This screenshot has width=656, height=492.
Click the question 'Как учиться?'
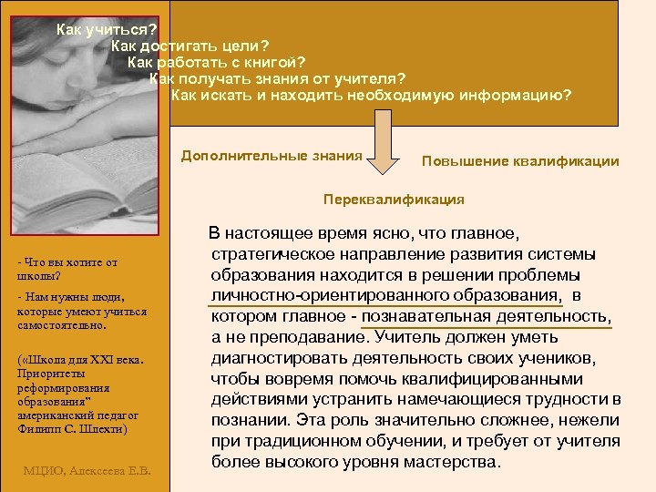[x=107, y=29]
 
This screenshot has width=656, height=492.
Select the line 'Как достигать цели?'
[x=190, y=46]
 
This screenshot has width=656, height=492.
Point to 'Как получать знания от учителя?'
[x=277, y=78]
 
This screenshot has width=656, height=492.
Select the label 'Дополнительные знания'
[x=272, y=156]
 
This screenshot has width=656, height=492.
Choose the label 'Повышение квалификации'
[x=520, y=161]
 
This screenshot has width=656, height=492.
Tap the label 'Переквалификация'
[x=394, y=199]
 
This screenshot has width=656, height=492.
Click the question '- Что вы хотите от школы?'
[x=67, y=270]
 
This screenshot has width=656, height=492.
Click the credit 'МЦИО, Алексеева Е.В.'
[x=87, y=470]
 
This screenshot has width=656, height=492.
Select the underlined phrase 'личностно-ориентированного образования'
[x=385, y=295]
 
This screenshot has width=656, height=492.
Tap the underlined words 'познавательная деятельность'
[x=487, y=315]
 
